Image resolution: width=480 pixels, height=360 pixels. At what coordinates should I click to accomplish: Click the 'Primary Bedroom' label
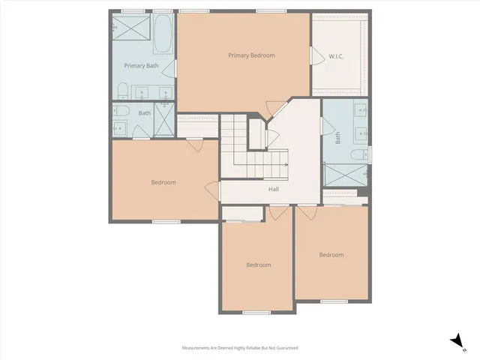click(251, 55)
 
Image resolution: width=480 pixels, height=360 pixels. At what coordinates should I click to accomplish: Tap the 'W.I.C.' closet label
click(337, 55)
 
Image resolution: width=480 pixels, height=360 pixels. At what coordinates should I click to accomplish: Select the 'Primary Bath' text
click(141, 66)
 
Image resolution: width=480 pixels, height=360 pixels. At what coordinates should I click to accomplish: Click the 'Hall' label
click(274, 189)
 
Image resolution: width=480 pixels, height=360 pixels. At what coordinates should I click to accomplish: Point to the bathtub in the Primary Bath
click(162, 34)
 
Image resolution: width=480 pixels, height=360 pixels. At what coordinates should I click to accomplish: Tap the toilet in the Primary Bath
click(123, 92)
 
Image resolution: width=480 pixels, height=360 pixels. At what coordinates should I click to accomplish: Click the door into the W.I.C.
click(313, 56)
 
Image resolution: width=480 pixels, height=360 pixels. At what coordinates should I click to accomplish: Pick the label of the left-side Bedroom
click(163, 182)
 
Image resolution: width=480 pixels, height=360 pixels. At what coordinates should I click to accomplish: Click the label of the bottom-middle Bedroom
click(259, 265)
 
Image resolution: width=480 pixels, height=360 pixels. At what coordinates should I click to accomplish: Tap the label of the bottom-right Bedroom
click(331, 255)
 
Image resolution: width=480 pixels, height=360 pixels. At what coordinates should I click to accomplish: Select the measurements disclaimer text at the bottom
click(240, 348)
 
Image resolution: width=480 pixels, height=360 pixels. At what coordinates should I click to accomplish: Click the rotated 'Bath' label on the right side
click(337, 138)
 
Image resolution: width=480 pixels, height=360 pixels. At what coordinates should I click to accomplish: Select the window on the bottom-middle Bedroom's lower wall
click(256, 312)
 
